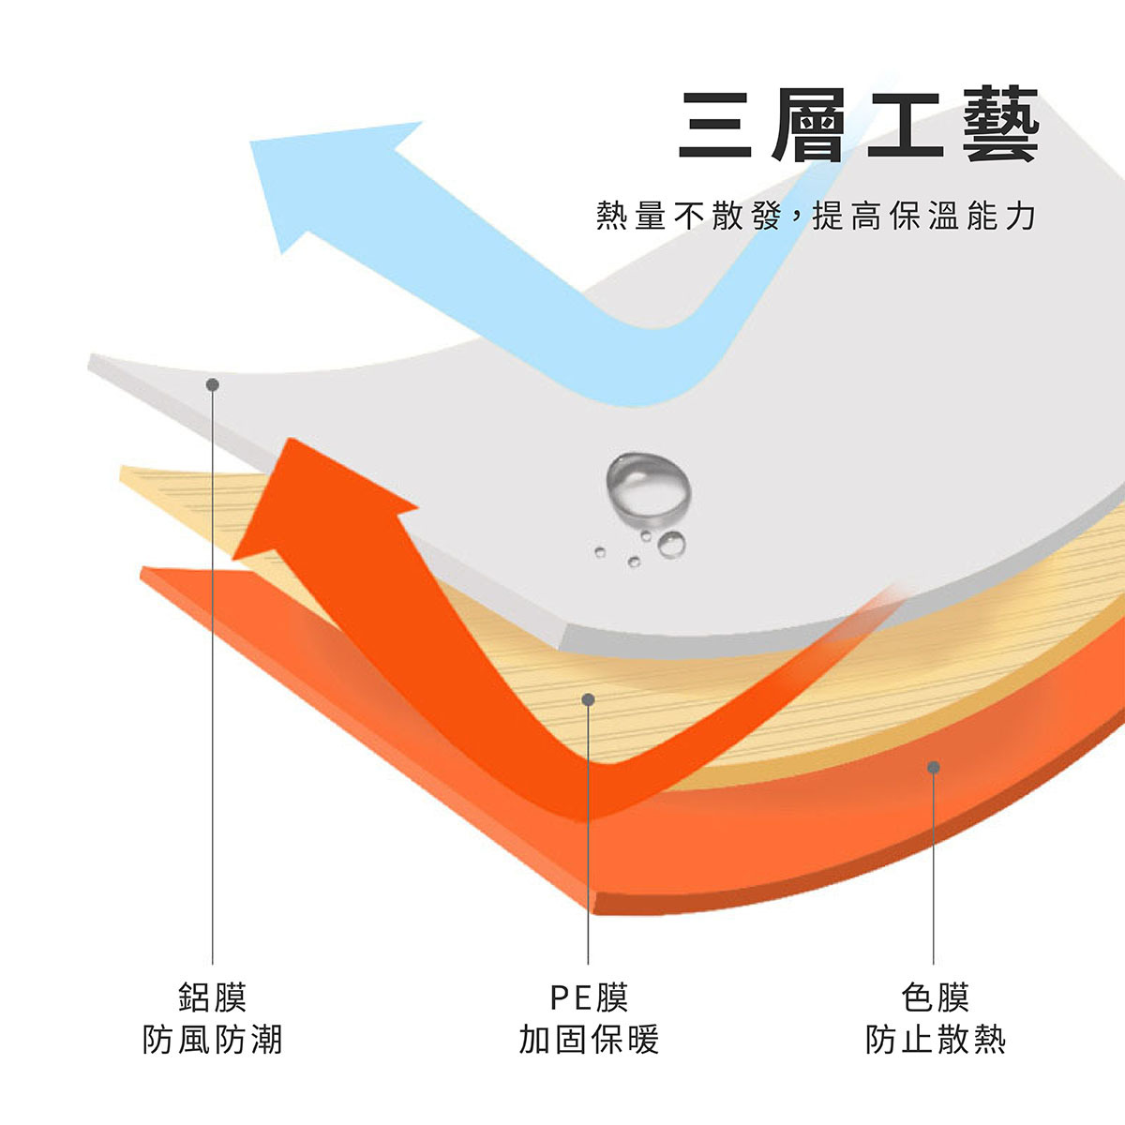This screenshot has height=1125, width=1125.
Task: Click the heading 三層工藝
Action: click(x=858, y=126)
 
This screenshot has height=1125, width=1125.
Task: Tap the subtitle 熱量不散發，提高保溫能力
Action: click(x=816, y=217)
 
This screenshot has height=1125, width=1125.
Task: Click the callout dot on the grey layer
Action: click(x=213, y=384)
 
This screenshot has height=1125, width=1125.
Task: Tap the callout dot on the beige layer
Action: click(x=588, y=699)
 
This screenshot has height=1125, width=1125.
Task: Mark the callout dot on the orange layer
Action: click(x=934, y=767)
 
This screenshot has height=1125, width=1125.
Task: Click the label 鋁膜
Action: click(x=213, y=997)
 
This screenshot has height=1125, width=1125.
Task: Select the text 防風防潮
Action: click(x=213, y=1040)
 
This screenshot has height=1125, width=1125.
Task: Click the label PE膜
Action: click(x=589, y=997)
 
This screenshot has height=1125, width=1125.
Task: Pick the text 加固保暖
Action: click(x=589, y=1040)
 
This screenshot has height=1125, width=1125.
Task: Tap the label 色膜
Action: click(x=935, y=997)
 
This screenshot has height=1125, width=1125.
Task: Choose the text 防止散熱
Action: click(x=935, y=1040)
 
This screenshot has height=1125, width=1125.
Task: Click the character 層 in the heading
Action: click(x=809, y=126)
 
